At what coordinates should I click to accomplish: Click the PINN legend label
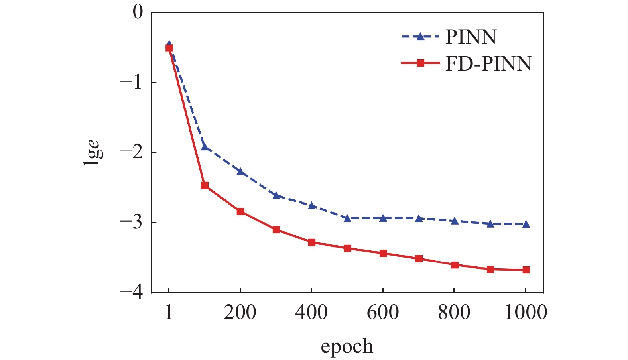[x=471, y=37]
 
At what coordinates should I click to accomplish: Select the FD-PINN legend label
[x=488, y=63]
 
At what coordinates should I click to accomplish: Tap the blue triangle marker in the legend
[x=419, y=37]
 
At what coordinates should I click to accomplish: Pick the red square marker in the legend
[x=420, y=63]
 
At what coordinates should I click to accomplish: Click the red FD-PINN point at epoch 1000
[x=526, y=270]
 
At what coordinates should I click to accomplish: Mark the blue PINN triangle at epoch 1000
[x=526, y=224]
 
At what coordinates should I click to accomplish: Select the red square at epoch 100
[x=205, y=185]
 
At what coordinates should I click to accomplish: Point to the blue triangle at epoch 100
[x=205, y=147]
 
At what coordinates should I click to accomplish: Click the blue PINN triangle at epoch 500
[x=347, y=218]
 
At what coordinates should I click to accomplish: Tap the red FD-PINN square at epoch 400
[x=312, y=242]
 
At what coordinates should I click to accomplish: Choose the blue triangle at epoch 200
[x=240, y=171]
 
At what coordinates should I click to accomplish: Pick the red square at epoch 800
[x=455, y=265]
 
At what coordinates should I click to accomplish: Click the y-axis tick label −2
[x=131, y=152]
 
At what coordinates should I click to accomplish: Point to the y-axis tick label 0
[x=138, y=12]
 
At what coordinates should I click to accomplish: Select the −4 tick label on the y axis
[x=131, y=293]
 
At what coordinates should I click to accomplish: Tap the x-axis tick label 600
[x=383, y=312]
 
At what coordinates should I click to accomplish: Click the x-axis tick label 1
[x=169, y=312]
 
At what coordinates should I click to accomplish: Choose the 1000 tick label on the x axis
[x=526, y=312]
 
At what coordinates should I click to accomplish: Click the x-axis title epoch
[x=347, y=346]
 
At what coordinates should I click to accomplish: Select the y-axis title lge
[x=93, y=152]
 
